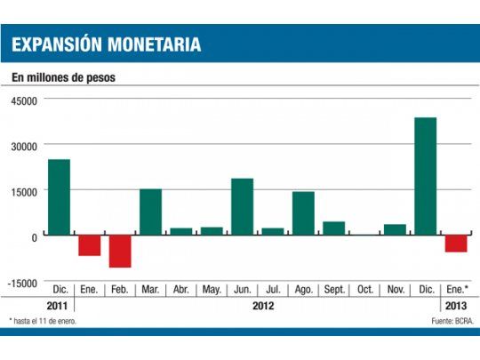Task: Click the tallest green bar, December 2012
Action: tap(425, 176)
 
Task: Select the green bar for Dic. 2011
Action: tap(59, 197)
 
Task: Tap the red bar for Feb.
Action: tap(120, 251)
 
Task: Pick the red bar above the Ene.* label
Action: tap(456, 244)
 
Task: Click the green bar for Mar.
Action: tap(150, 212)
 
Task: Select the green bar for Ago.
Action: tap(303, 213)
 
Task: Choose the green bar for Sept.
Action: tap(333, 228)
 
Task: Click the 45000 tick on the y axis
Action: tap(24, 100)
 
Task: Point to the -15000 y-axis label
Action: tap(22, 283)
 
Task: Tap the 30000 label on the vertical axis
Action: tap(24, 146)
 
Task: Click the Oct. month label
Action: tap(364, 290)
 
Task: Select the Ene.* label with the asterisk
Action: tap(456, 290)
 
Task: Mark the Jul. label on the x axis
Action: tap(273, 290)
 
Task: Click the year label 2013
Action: tap(455, 306)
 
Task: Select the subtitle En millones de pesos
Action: tap(63, 77)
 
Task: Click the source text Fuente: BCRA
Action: tap(451, 320)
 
